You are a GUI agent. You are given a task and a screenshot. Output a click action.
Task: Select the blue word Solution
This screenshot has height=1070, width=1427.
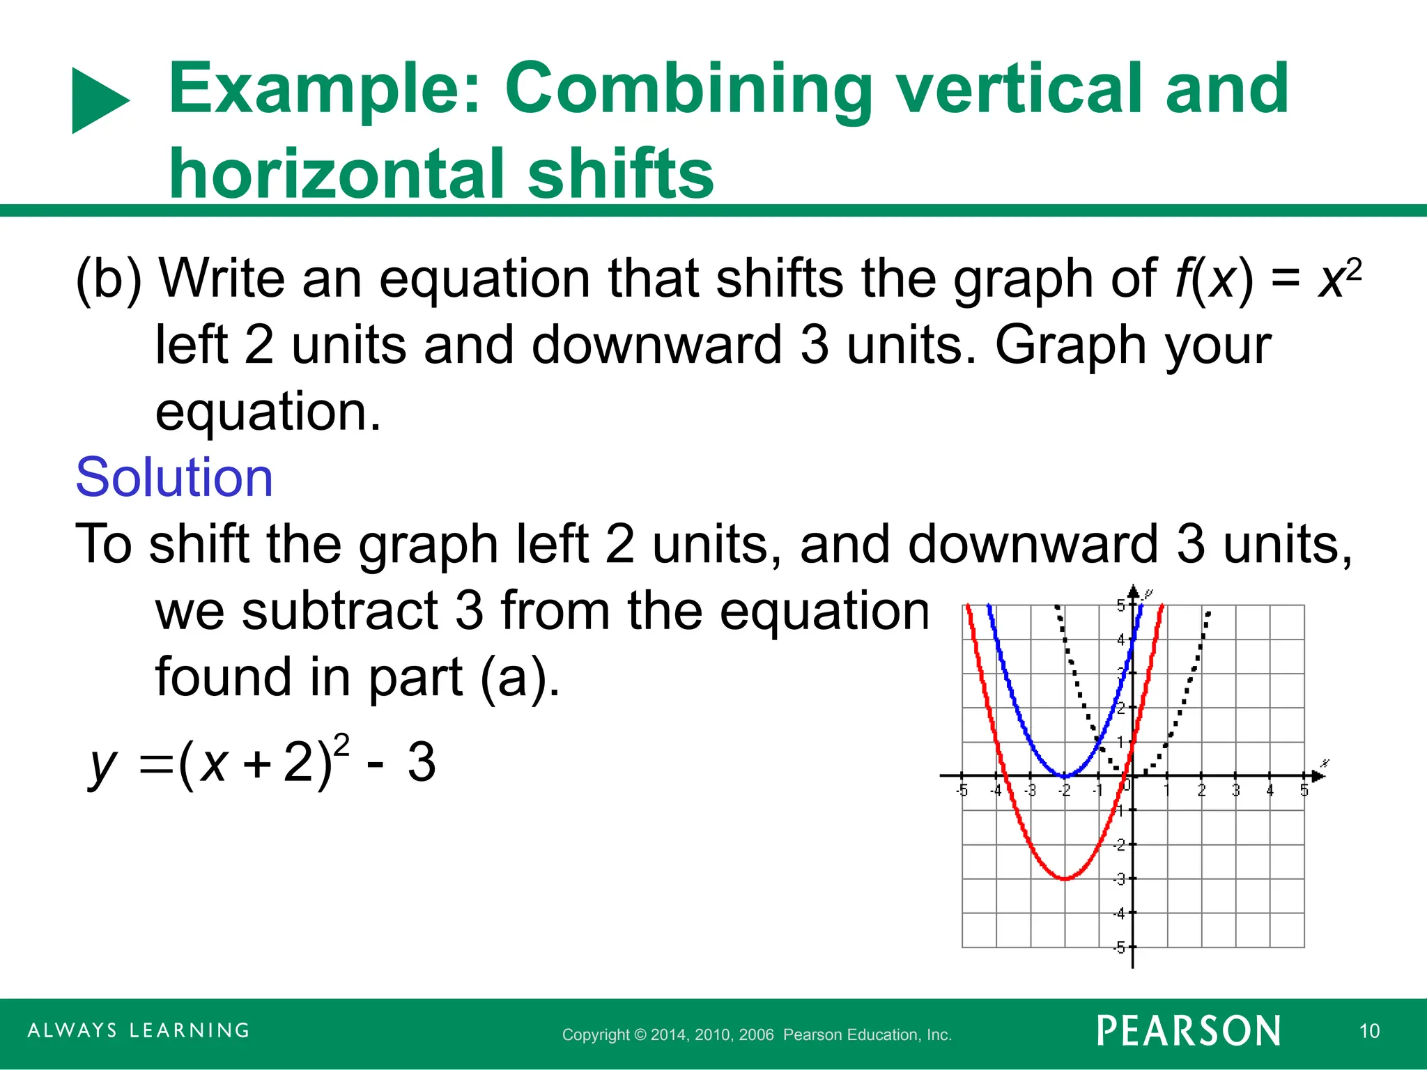point(174,478)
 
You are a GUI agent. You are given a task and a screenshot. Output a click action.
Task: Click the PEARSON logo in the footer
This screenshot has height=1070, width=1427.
point(1189,1031)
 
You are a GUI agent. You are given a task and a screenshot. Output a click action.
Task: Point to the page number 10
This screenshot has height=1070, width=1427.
point(1369,1031)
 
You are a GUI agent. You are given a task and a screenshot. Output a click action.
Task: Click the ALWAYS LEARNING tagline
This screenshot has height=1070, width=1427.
point(139,1030)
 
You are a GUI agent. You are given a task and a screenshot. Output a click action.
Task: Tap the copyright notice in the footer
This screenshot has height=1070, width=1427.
point(757,1034)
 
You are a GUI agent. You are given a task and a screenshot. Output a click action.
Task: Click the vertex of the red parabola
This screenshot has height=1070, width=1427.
point(1065,878)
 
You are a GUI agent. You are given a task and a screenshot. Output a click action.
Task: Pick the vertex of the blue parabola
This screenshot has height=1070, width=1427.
point(1065,775)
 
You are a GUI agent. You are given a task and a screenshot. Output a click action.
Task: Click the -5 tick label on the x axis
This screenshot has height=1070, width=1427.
point(962,791)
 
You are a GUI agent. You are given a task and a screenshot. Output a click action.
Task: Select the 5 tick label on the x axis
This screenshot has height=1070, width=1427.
point(1304,791)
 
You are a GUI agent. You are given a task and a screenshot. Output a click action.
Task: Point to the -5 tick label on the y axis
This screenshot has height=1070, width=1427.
point(1119,947)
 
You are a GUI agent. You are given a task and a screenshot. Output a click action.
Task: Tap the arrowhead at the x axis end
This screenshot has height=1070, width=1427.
point(1318,775)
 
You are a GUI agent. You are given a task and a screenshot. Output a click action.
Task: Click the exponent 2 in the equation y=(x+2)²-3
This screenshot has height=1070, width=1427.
point(341,745)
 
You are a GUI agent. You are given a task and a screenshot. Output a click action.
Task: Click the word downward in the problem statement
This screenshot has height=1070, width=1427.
point(656,346)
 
